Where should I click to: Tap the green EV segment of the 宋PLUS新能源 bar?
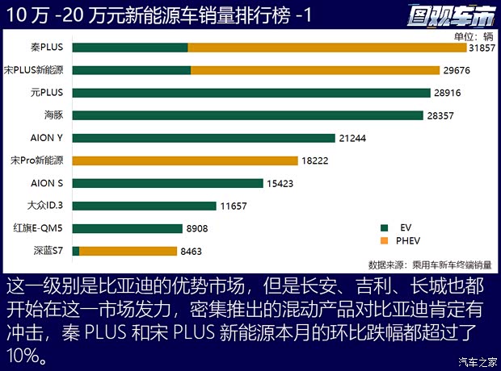click(x=131, y=70)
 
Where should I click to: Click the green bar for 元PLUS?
click(x=250, y=93)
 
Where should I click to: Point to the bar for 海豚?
click(x=247, y=115)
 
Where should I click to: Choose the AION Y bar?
click(x=203, y=138)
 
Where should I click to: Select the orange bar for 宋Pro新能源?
click(x=185, y=160)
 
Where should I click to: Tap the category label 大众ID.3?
click(x=45, y=206)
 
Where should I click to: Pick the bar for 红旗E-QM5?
click(x=127, y=228)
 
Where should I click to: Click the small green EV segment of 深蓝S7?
click(x=76, y=251)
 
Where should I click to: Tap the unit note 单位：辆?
click(x=474, y=35)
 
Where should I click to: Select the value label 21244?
click(x=353, y=138)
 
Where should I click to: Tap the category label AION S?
click(x=47, y=183)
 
